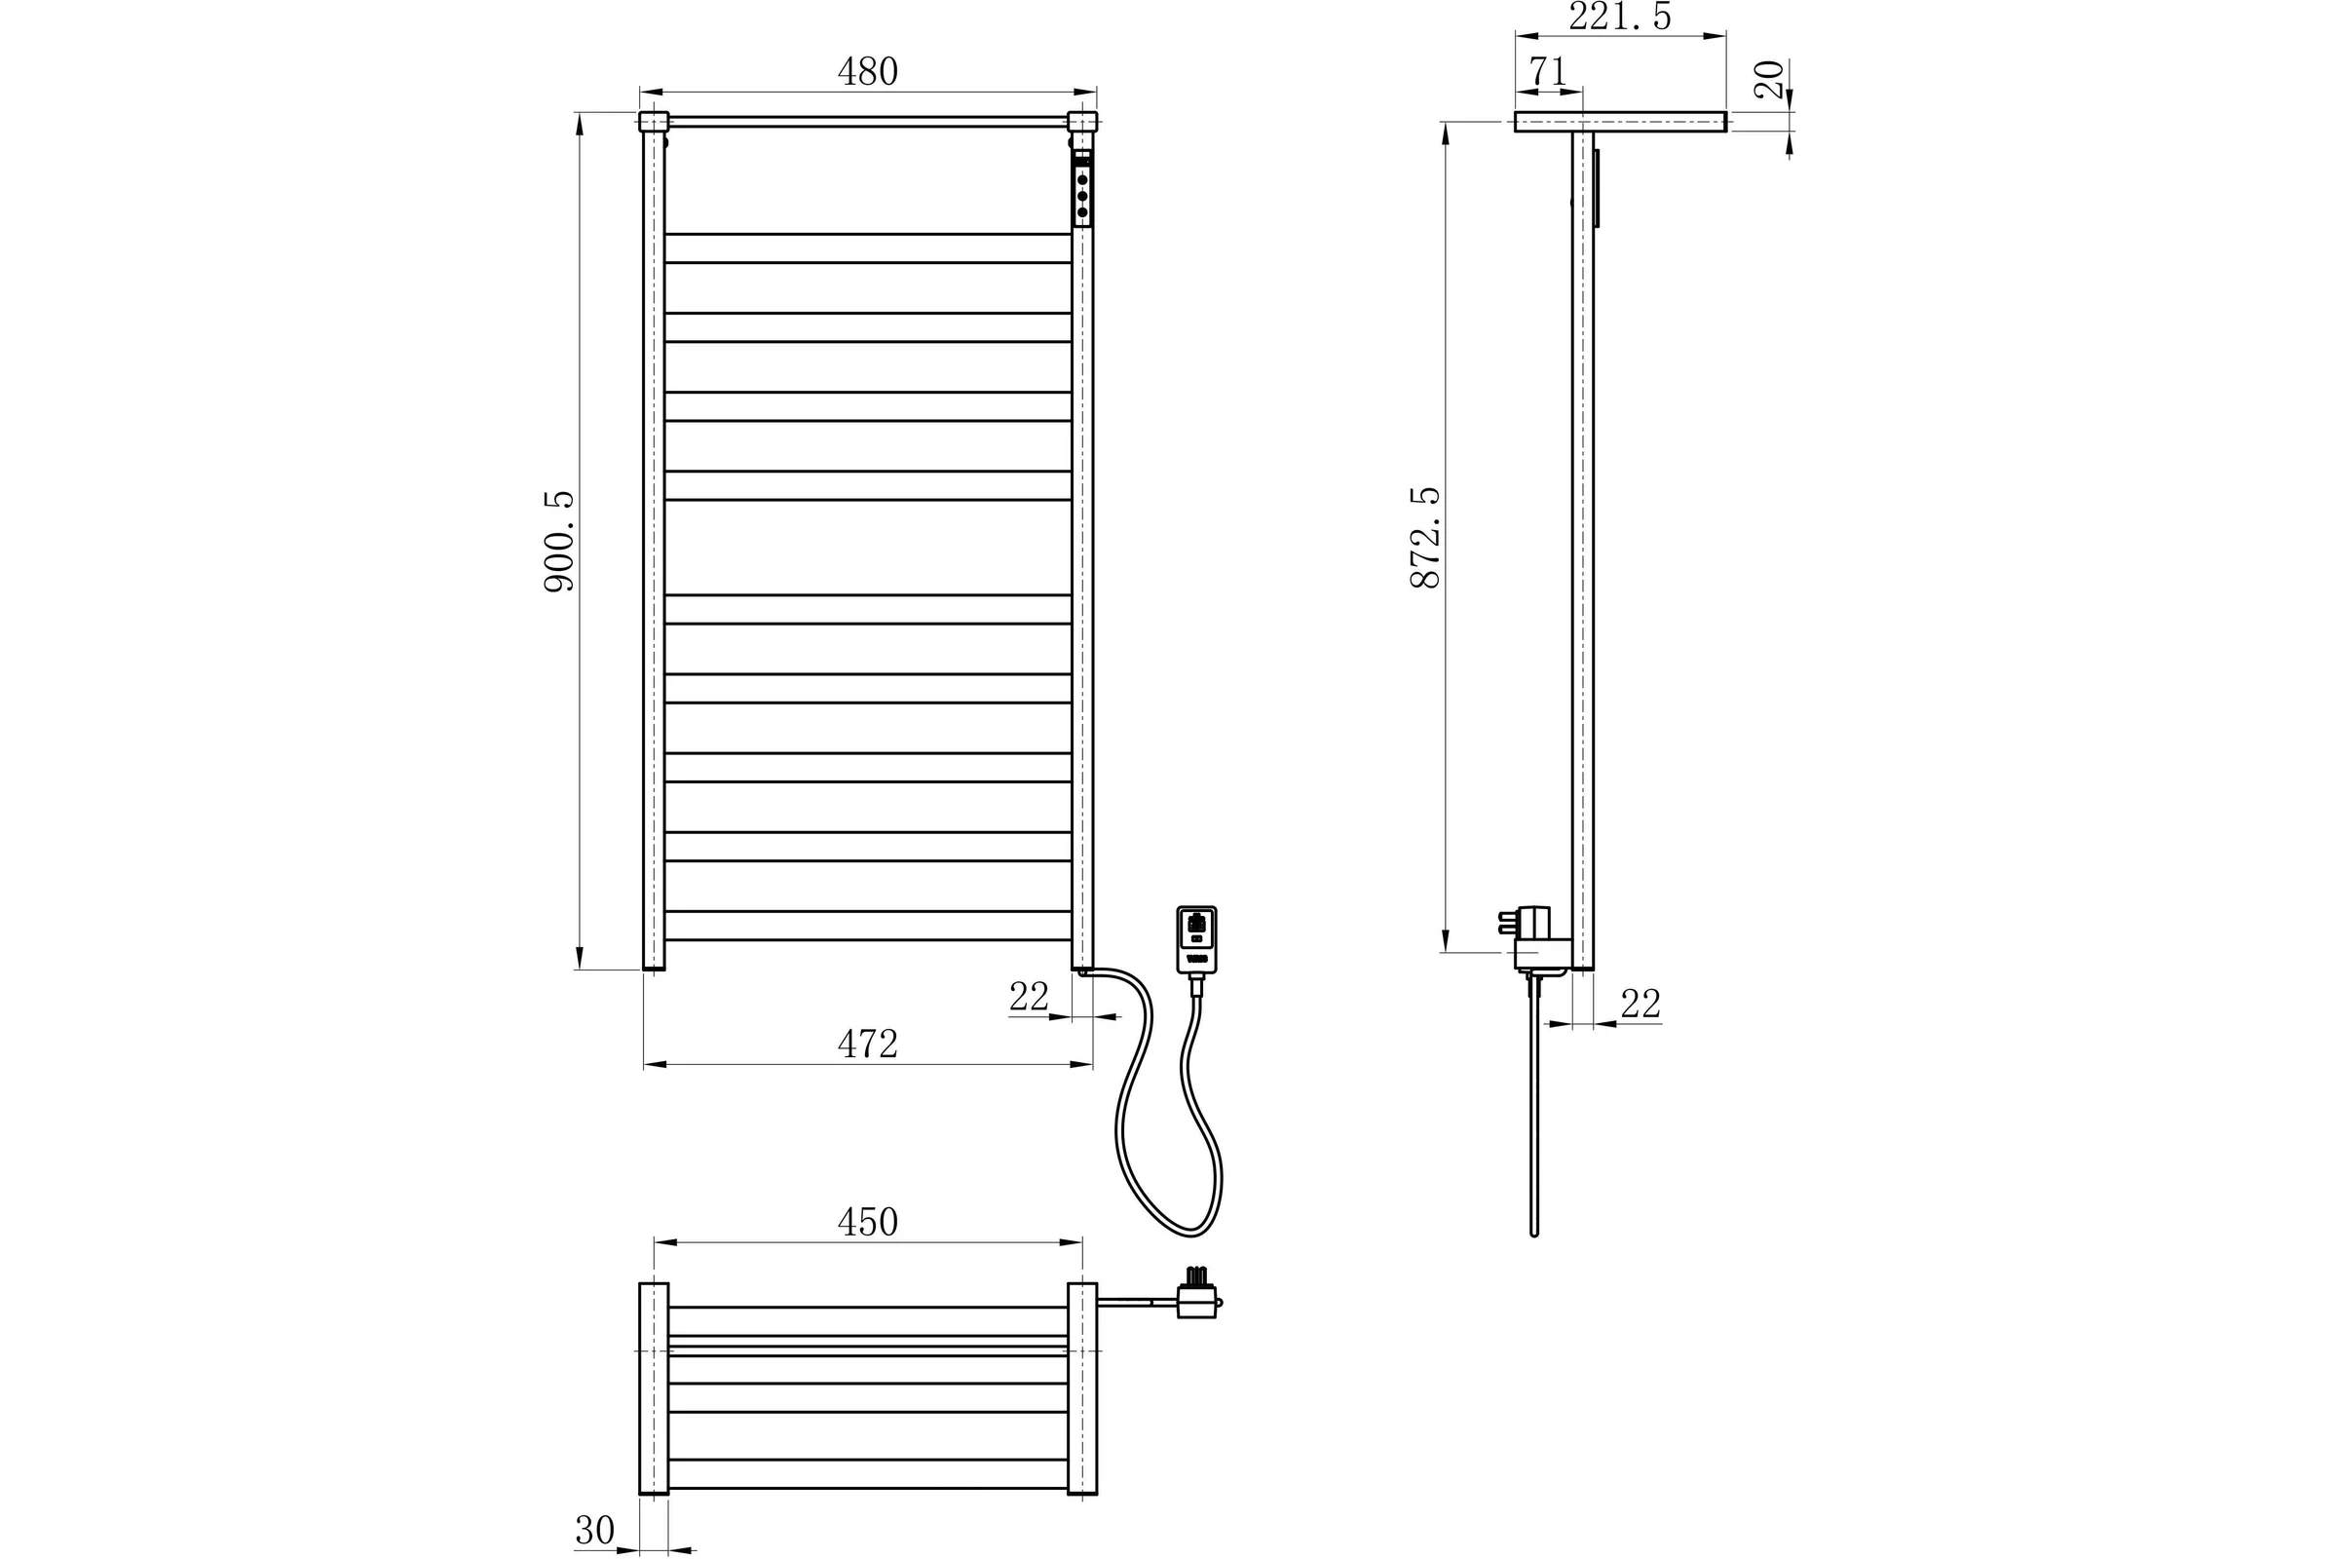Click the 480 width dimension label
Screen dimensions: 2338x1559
coord(867,71)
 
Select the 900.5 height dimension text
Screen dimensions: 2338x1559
coord(559,542)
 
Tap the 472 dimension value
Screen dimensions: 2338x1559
coord(867,1044)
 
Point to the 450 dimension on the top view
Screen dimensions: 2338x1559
coord(867,1222)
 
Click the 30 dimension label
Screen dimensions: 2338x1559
coord(594,1530)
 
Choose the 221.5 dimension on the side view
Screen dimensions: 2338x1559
coord(1619,16)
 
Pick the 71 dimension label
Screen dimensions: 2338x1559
coord(1548,71)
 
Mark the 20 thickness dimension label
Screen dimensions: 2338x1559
coord(1769,80)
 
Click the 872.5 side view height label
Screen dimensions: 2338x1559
coord(1425,537)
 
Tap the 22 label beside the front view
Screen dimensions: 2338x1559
coord(1029,996)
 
